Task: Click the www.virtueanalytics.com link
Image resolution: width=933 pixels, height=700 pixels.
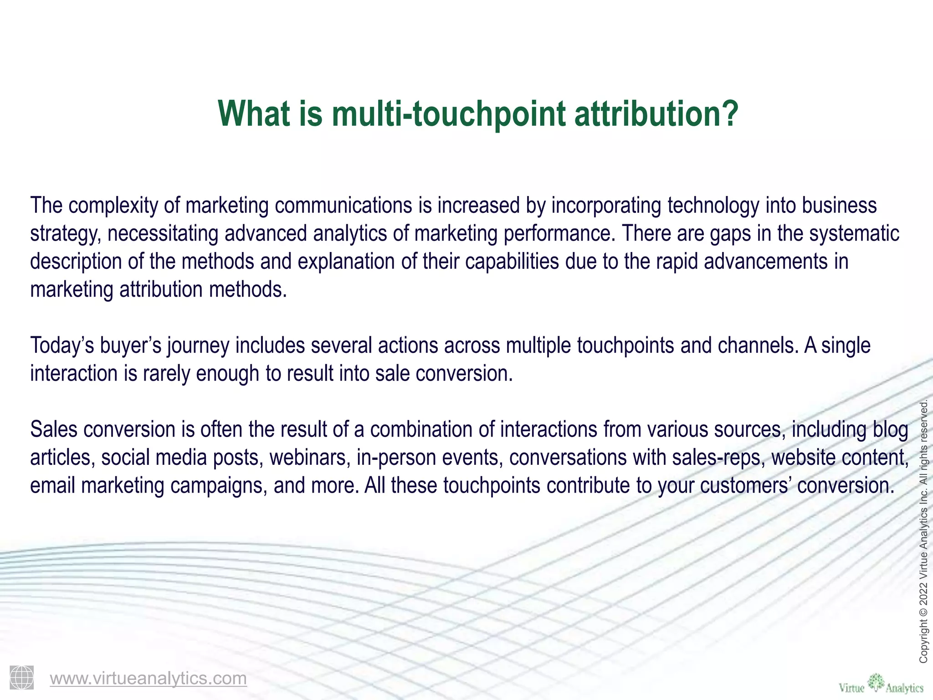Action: coord(148,678)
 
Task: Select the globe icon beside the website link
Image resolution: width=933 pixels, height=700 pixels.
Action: coord(21,677)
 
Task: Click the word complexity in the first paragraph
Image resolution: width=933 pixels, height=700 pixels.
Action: coord(113,206)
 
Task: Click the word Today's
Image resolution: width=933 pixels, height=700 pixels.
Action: coord(62,345)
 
